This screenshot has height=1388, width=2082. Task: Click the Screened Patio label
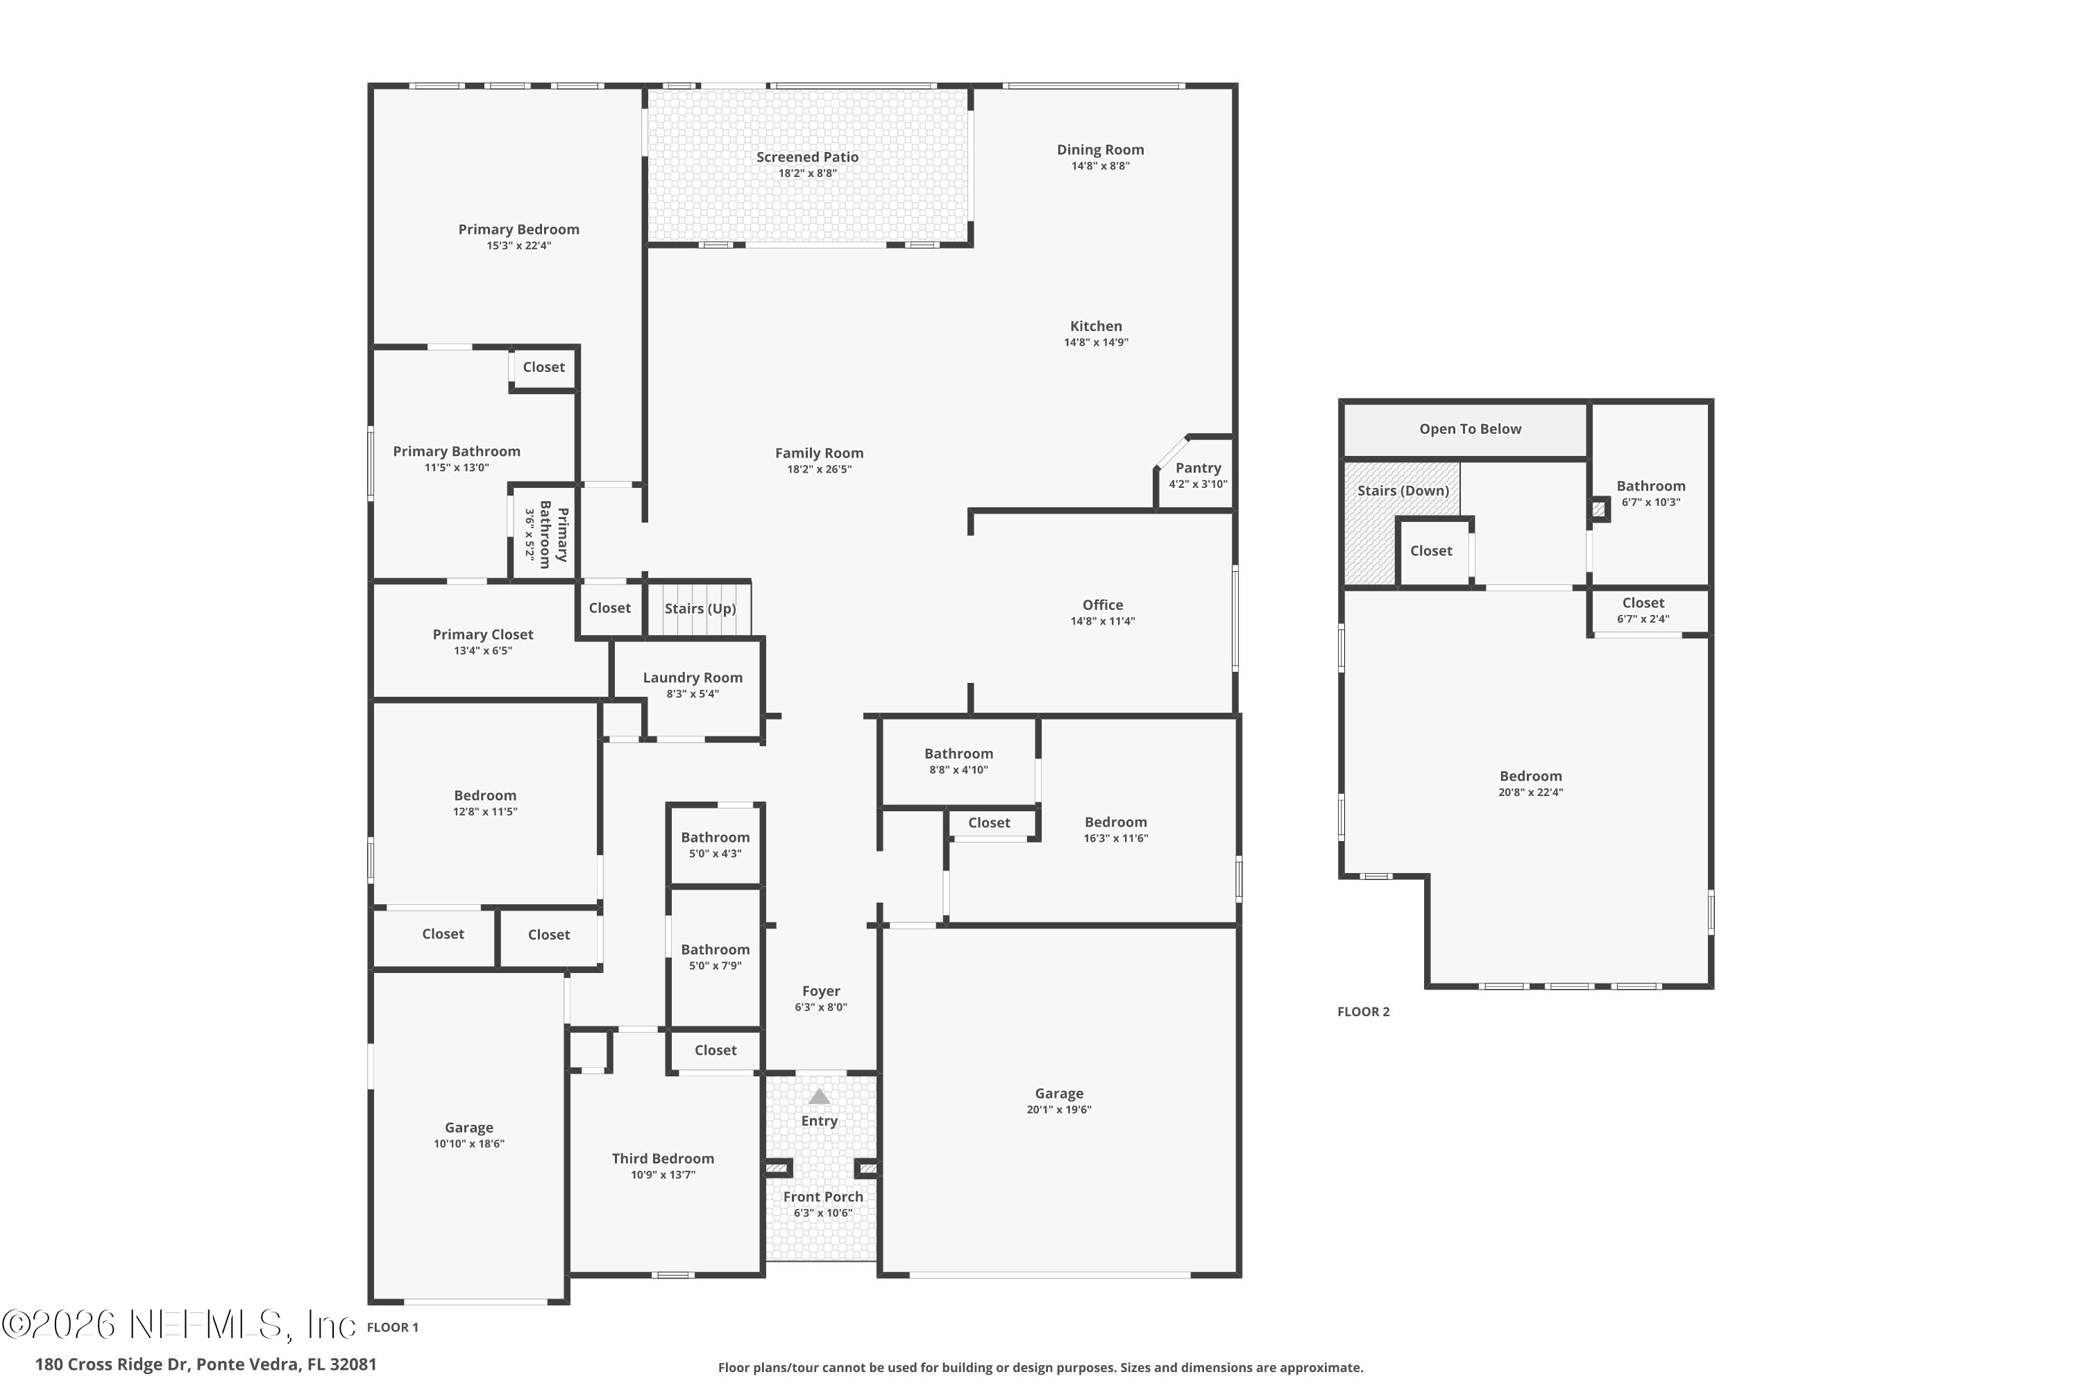coord(806,158)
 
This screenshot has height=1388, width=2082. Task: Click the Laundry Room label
coord(692,678)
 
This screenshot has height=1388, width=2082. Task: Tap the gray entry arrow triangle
coord(819,1097)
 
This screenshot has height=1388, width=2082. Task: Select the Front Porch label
coord(822,1196)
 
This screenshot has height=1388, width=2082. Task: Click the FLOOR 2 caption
coord(1363,1012)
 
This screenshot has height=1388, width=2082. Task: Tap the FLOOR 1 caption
coord(392,1327)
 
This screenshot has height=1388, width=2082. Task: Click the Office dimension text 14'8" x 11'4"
coord(1102,621)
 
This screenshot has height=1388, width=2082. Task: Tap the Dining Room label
coord(1099,151)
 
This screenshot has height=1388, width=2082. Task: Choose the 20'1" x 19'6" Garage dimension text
coord(1059,1110)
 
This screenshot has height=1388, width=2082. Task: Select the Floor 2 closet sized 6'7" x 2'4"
coord(1643,611)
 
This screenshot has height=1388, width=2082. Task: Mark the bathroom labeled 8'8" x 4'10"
coord(958,761)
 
